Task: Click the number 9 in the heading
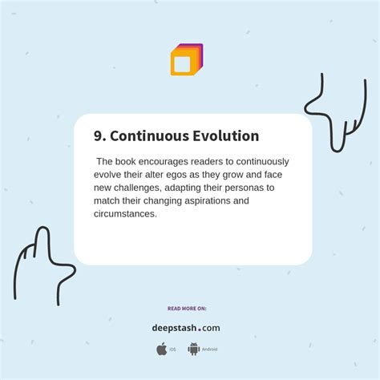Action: (x=98, y=136)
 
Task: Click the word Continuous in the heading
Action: (x=147, y=136)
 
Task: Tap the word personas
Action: (x=246, y=188)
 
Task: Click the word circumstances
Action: (x=125, y=214)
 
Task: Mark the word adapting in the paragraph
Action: (x=184, y=188)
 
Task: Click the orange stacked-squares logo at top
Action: (x=186, y=60)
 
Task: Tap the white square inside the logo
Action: (x=182, y=63)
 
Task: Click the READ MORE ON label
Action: (x=187, y=308)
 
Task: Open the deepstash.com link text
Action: (x=186, y=327)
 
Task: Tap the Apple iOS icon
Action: (x=162, y=349)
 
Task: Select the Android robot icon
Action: (x=193, y=349)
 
